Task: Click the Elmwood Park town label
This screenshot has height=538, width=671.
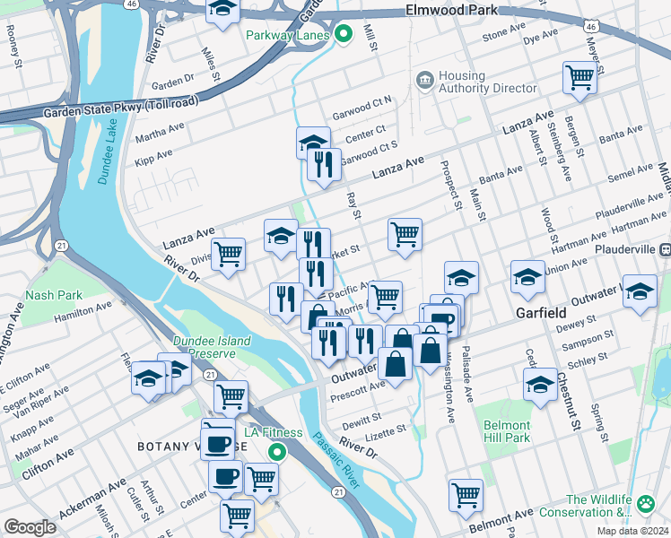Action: click(462, 11)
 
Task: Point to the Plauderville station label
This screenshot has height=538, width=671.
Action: click(624, 248)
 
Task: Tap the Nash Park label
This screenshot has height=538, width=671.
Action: click(55, 295)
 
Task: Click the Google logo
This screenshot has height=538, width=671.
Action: click(30, 526)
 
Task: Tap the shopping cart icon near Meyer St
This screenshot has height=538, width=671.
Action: click(579, 78)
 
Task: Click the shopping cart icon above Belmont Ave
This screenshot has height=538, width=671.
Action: click(466, 495)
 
